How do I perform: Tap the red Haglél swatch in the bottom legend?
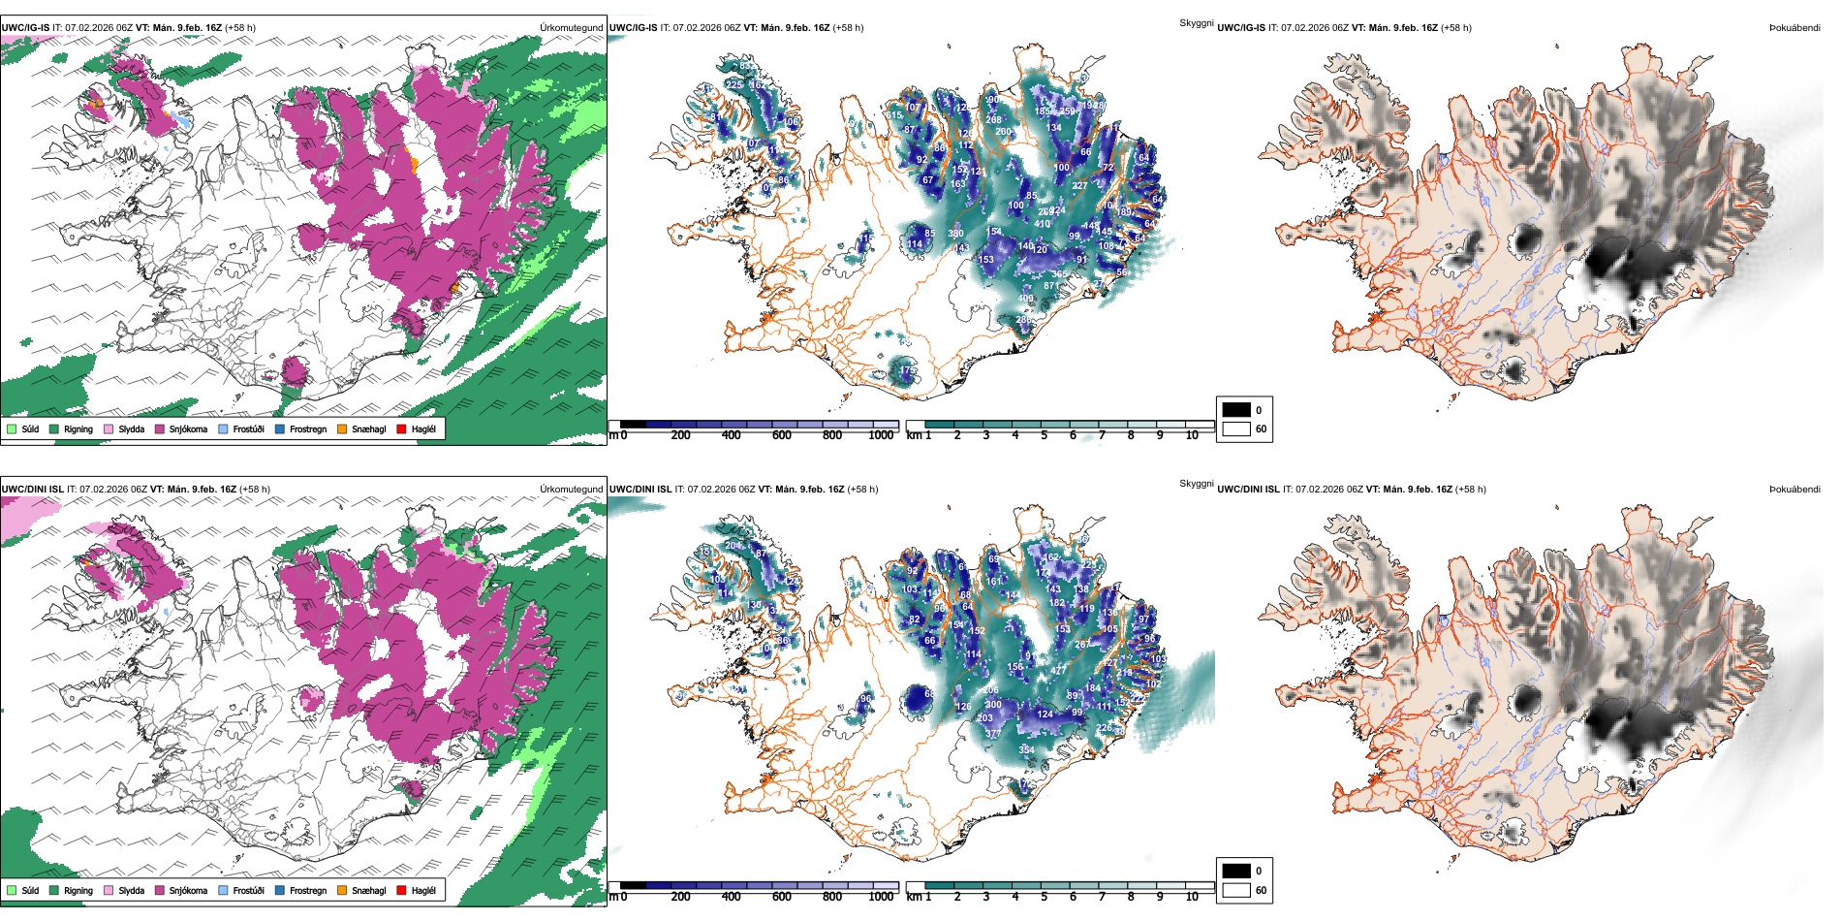click(401, 890)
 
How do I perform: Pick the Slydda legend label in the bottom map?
click(131, 890)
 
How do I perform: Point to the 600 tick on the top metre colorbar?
click(782, 435)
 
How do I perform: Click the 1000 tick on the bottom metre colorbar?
click(881, 897)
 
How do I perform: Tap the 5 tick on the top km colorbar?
click(1044, 435)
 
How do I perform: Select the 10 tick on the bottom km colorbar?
click(1192, 897)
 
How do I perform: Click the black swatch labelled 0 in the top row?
click(1236, 410)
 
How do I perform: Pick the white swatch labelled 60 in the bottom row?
click(1236, 890)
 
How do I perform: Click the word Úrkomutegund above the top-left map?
click(572, 28)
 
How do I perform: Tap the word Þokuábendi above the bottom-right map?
click(1794, 490)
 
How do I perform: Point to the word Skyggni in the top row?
click(1197, 23)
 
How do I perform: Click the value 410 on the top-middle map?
click(1042, 224)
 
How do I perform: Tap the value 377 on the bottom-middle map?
click(993, 734)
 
